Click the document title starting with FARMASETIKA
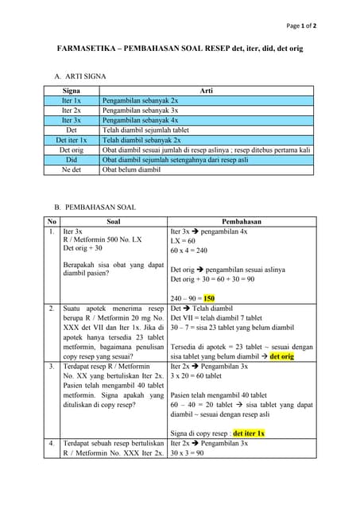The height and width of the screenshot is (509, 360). (x=180, y=49)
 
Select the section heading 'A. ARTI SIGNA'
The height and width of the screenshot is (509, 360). (x=79, y=76)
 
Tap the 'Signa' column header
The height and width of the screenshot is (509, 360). (x=71, y=91)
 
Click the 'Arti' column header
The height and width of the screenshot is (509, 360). (x=207, y=91)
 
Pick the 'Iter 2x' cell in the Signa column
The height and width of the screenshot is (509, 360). (x=71, y=111)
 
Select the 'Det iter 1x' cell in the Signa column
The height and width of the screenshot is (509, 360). (x=71, y=139)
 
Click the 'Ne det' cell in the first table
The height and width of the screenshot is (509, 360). (x=71, y=169)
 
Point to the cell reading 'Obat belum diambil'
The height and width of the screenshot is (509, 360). (x=131, y=169)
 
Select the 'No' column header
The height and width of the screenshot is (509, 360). (x=52, y=222)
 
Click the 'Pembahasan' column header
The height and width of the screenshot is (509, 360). (x=242, y=222)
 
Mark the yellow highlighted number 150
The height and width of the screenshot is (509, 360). (x=209, y=298)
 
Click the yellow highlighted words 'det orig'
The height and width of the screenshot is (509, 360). (x=281, y=356)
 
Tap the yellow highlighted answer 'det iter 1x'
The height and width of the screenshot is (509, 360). (x=249, y=433)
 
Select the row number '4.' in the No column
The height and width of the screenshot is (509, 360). (x=52, y=443)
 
